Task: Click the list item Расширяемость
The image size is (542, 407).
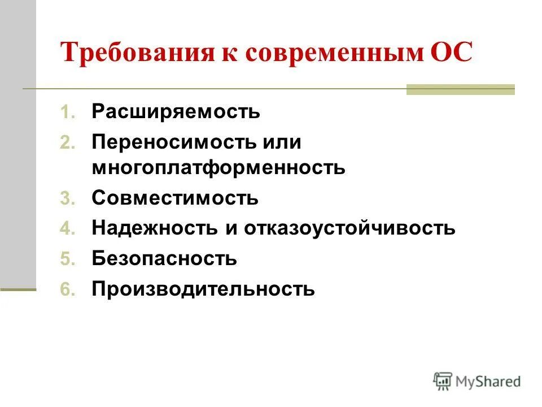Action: [x=176, y=111]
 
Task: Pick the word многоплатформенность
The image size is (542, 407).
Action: [x=218, y=167]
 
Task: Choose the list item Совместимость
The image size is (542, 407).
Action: [x=176, y=198]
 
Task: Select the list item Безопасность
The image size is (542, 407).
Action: [x=164, y=259]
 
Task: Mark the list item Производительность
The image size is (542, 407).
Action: [x=203, y=289]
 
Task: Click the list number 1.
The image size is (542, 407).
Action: [x=67, y=112]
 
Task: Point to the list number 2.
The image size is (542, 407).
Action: [x=67, y=143]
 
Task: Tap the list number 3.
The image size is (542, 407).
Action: [x=67, y=199]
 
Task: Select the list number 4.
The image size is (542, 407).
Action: [x=67, y=230]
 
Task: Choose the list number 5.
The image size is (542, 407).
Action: [x=67, y=260]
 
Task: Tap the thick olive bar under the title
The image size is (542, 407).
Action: [x=461, y=89]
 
